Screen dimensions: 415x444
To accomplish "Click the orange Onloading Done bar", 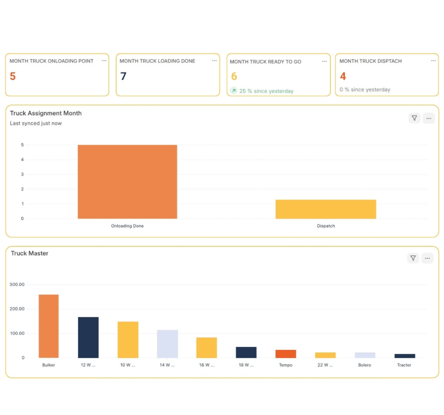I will coord(127,182).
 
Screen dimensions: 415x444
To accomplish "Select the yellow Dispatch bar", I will coord(326,209).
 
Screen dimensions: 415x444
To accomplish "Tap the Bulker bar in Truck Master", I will coord(49,326).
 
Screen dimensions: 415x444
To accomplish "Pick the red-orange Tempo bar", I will coord(286,354).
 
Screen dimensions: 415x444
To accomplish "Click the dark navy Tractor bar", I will coord(405,356).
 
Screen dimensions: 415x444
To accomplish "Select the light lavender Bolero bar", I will coord(365,355).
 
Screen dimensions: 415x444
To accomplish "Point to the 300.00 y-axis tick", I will coord(16,284).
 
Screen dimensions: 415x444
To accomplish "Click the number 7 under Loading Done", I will coord(124,76).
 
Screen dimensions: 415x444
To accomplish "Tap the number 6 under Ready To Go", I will coord(234,77).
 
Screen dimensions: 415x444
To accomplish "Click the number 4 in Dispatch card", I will coord(343,76).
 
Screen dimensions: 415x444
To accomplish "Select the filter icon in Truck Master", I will coord(413,258).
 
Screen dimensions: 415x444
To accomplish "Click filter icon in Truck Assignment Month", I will coord(414,118).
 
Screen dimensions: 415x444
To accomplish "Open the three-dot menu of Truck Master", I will coord(428,258).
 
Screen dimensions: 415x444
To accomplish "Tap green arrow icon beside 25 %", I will coord(234,91).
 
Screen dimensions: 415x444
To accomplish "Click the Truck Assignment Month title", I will coord(46,113).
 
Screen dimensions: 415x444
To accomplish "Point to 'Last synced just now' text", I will coord(36,124).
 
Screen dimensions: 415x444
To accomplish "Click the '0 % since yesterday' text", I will coord(365,90).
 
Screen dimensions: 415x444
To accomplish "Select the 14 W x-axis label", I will coord(167,365).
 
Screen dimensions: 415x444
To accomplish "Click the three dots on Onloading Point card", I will coord(104,61).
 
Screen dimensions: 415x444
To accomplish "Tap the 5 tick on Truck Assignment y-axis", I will coord(22,145).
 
